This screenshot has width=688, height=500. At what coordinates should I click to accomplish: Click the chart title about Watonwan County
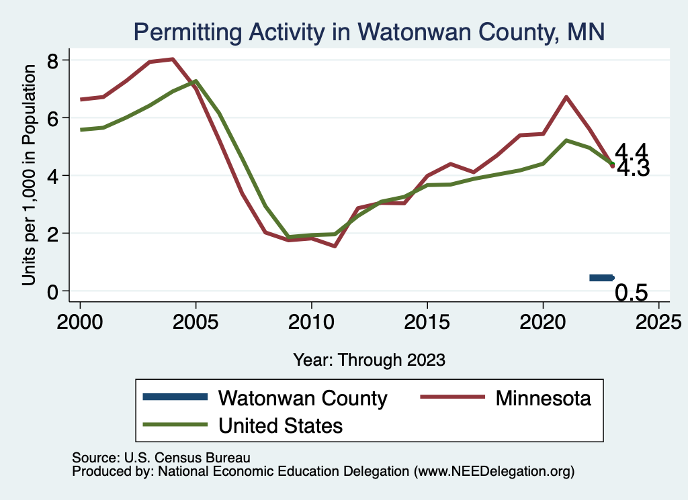[369, 31]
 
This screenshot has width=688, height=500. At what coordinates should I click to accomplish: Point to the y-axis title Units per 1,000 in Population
[29, 176]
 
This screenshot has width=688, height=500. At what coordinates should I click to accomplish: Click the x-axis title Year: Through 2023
[369, 360]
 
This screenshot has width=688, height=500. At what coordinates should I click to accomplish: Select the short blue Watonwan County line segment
[601, 277]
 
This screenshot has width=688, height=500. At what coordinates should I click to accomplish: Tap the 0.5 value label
[632, 293]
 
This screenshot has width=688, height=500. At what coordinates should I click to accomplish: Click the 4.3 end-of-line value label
[633, 169]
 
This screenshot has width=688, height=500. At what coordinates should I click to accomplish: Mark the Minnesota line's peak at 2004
[173, 59]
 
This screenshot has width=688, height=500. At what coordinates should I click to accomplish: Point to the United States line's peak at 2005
[196, 81]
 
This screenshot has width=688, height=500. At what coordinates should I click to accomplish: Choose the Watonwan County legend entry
[302, 398]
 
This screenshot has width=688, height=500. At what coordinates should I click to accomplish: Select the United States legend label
[280, 425]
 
